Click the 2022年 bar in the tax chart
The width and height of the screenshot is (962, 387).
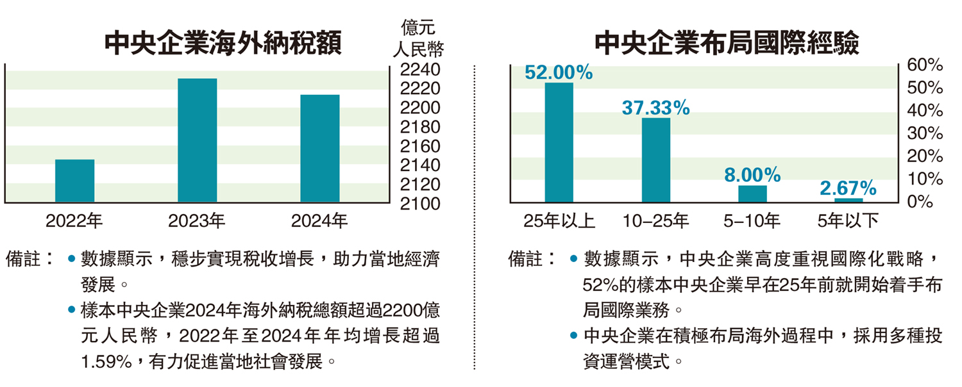[74, 181]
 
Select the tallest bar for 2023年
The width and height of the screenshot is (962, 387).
[197, 140]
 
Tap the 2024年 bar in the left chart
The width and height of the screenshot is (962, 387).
[319, 149]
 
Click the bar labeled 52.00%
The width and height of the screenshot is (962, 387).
[559, 142]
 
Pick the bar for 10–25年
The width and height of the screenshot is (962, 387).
[655, 160]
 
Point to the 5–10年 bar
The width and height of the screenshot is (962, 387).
[752, 193]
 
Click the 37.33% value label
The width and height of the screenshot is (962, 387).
[655, 108]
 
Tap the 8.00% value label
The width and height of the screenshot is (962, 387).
[752, 174]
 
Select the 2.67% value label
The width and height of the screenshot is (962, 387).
[848, 188]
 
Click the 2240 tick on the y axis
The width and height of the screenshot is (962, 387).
[420, 69]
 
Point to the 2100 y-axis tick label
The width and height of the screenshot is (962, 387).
[420, 204]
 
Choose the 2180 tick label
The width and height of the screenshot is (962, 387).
[420, 127]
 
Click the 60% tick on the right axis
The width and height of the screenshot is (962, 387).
[925, 65]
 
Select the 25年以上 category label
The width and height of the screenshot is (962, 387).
[559, 222]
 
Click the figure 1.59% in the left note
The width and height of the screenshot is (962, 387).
[105, 362]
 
